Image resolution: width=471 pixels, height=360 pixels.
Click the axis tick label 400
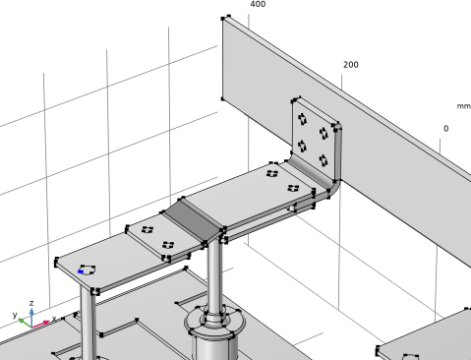tap(258, 4)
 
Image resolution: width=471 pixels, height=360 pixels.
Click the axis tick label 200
tap(351, 65)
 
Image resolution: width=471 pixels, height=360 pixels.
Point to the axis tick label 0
tap(445, 129)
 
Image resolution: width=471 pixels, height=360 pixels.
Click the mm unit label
tap(464, 106)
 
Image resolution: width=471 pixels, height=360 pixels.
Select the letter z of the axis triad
tap(31, 303)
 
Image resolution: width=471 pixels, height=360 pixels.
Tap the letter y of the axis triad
tap(15, 315)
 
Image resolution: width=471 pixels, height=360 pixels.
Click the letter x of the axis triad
tap(54, 318)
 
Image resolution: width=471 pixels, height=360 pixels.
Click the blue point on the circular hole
tap(81, 271)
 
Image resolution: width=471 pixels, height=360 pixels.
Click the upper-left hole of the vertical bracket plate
tap(302, 119)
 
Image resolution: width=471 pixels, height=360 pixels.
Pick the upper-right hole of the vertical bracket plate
tap(324, 133)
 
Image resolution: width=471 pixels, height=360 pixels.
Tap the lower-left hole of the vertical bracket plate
tap(302, 146)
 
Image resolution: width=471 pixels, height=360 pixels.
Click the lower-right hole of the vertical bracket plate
tap(324, 160)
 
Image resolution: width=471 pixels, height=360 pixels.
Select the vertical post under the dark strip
tap(214, 275)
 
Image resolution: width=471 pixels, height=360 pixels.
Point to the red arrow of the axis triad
tap(41, 324)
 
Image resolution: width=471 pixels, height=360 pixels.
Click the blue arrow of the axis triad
tap(31, 317)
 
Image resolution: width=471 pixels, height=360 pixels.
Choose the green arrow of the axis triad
tap(25, 323)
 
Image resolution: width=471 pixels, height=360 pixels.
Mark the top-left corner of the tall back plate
tap(223, 19)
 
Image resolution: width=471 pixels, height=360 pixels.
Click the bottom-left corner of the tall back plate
tap(223, 98)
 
